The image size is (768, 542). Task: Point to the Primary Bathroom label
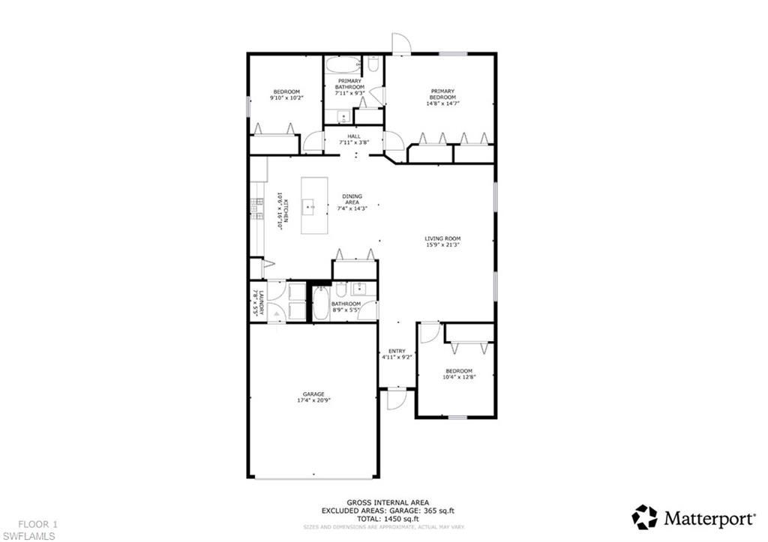(349, 84)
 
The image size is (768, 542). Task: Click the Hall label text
(353, 136)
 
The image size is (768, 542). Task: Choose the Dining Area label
(352, 199)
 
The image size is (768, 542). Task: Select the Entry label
(397, 351)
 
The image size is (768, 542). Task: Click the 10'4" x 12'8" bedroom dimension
(458, 377)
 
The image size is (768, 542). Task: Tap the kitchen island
(316, 205)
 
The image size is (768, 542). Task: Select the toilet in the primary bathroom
(373, 66)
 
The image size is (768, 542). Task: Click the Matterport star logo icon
(644, 517)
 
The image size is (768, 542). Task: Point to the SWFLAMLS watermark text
(28, 535)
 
